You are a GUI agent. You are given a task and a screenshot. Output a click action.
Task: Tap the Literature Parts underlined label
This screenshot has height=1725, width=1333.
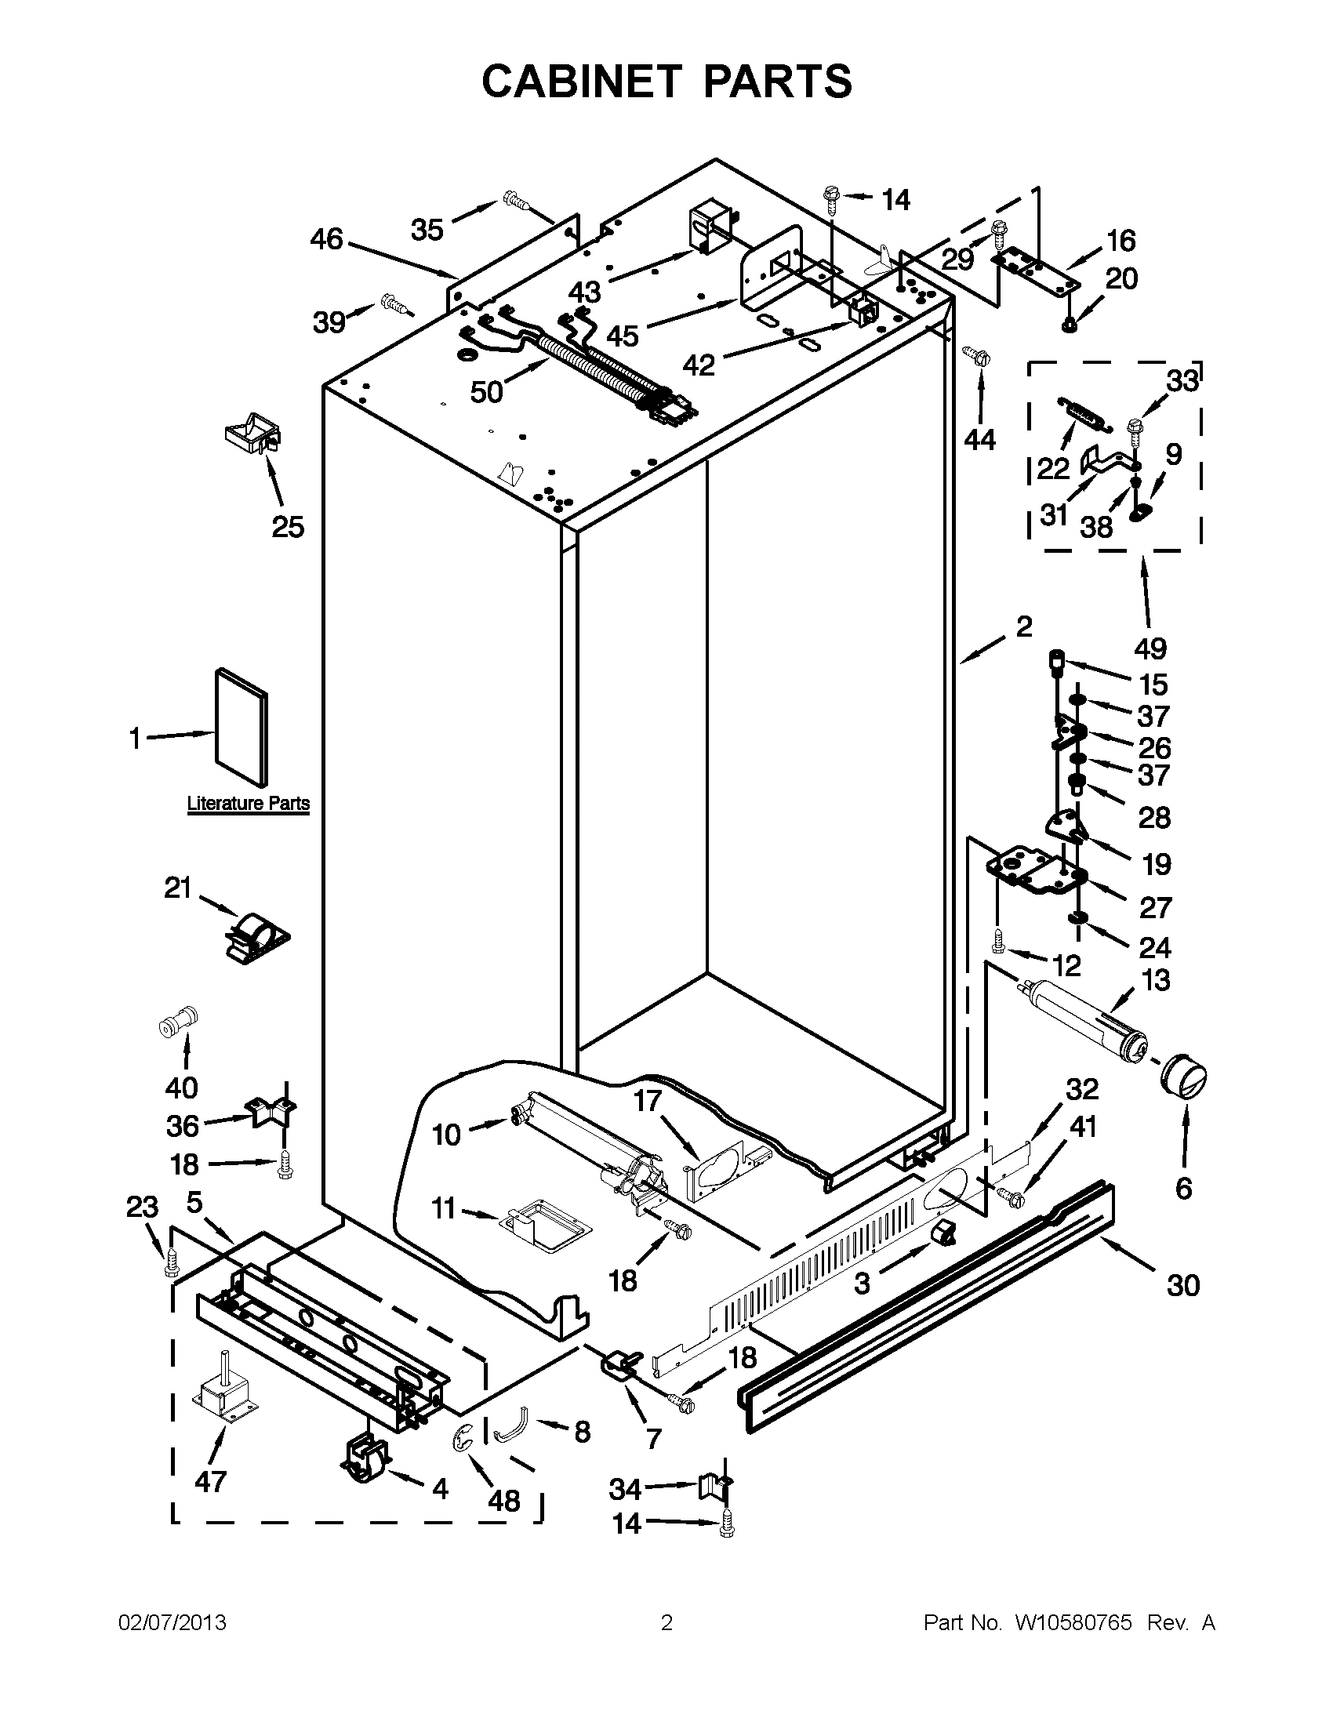[248, 804]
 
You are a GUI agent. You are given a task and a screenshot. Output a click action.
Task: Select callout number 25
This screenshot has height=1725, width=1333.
[288, 527]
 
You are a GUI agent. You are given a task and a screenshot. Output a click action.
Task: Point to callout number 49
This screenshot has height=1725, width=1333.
[1150, 648]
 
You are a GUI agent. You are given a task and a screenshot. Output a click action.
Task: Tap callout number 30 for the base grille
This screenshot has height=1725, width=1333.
[1183, 1286]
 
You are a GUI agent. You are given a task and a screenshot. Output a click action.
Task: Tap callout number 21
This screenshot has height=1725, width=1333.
[178, 888]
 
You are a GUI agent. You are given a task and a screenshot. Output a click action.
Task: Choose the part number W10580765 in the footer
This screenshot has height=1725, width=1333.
[1073, 1623]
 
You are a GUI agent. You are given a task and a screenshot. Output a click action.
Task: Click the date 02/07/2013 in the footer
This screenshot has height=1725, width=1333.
[173, 1623]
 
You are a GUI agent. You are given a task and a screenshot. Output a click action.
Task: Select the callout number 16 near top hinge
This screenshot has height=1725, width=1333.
[1121, 240]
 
